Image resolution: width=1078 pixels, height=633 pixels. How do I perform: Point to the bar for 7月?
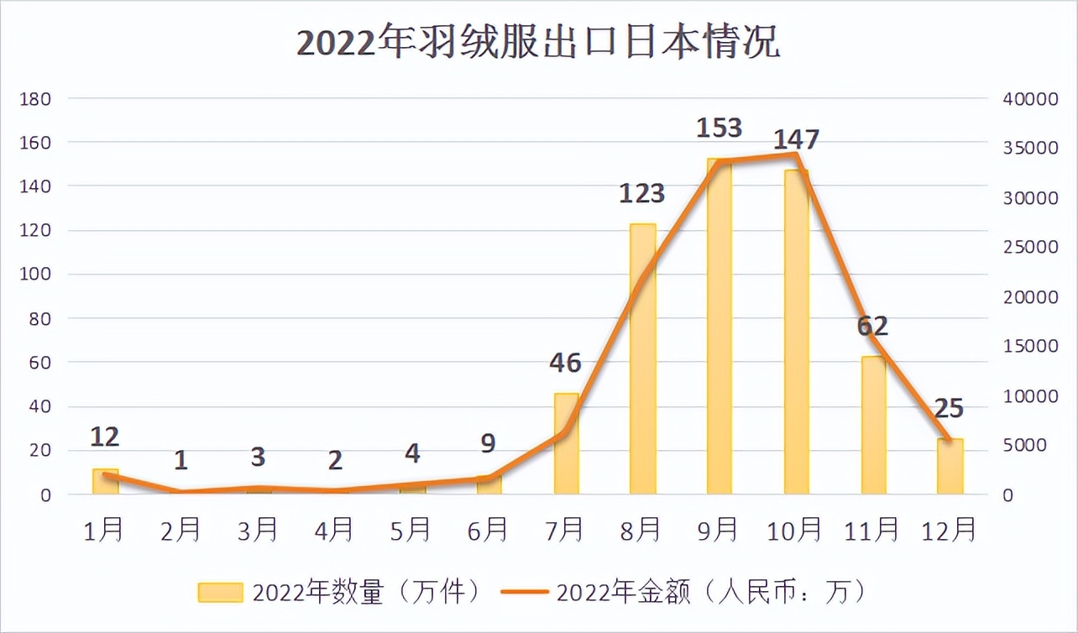566,445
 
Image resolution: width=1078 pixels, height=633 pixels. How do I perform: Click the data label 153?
720,128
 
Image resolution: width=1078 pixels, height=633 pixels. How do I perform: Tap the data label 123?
642,194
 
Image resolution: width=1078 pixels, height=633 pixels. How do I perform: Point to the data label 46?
565,363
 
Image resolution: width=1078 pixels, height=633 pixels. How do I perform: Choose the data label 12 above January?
105,437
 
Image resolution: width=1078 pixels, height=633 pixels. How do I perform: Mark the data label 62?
873,325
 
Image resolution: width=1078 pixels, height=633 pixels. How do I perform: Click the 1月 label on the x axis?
104,530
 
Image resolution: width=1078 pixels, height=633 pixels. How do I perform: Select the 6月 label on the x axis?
488,530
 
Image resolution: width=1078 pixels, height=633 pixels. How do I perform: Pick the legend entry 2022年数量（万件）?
341,593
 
